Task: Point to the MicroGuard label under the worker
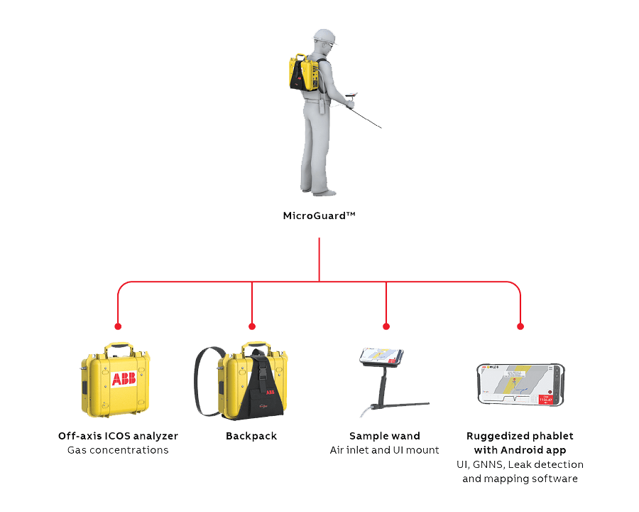click(319, 215)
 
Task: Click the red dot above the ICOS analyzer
click(118, 326)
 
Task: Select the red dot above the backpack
click(252, 326)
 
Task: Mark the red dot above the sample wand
click(386, 326)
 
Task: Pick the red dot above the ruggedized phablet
click(520, 326)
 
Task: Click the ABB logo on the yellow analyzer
click(123, 378)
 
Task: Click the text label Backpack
click(252, 435)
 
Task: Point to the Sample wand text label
click(384, 435)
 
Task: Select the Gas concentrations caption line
click(119, 450)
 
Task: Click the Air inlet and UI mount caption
click(384, 450)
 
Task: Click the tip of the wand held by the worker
click(381, 128)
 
